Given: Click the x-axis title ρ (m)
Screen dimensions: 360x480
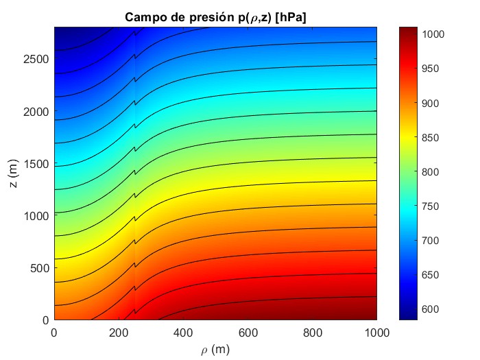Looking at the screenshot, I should pyautogui.click(x=215, y=350).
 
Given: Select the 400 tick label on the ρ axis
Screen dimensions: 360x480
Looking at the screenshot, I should pyautogui.click(x=183, y=333).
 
